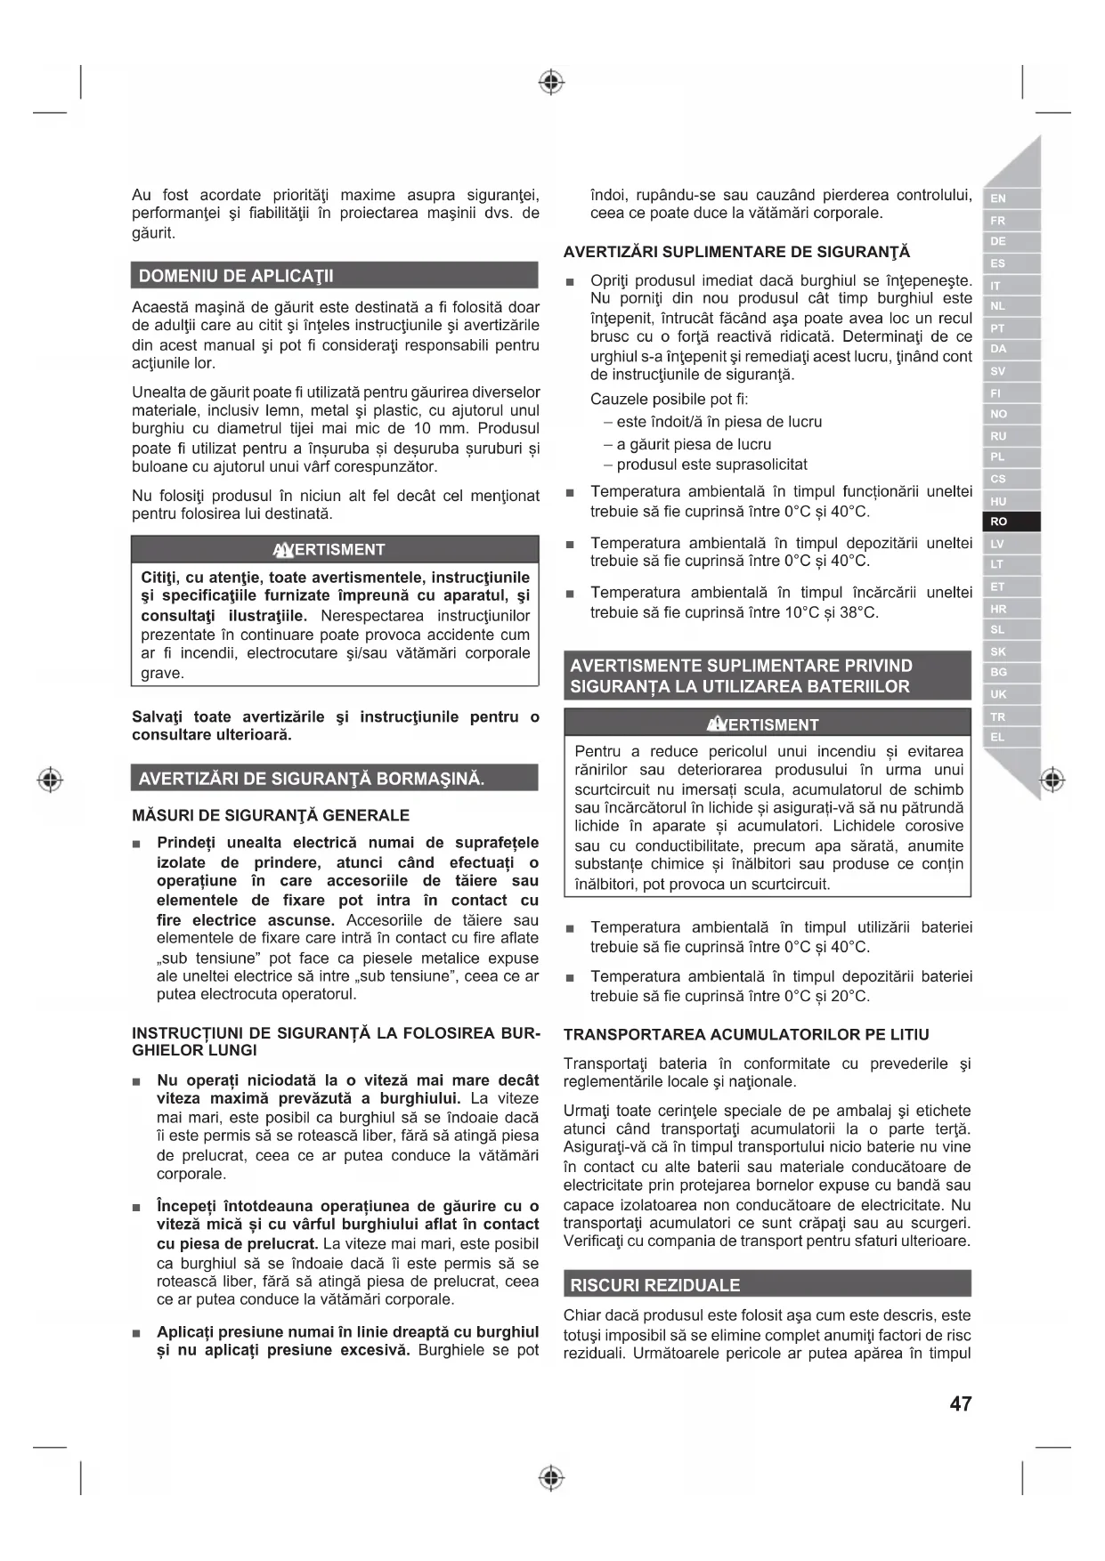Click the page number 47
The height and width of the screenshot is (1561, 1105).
click(960, 1403)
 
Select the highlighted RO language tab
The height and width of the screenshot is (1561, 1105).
click(999, 522)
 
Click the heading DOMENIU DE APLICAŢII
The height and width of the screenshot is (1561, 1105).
click(236, 276)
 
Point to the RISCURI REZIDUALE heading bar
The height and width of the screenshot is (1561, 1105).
click(655, 1284)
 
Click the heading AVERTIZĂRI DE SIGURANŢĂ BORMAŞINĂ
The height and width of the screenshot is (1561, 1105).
click(312, 779)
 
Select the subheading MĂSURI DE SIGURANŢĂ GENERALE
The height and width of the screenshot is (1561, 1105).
click(271, 815)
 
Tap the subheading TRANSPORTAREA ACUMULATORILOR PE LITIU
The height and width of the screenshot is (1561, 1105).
click(746, 1034)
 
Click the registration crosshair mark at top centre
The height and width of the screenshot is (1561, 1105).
click(552, 83)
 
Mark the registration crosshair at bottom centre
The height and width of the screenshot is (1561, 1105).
click(552, 1478)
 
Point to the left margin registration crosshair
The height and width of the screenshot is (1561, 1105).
click(51, 780)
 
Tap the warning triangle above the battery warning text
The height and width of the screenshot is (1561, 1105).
click(717, 724)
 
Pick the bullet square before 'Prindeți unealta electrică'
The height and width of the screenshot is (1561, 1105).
click(137, 844)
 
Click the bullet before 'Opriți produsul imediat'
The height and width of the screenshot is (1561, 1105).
click(571, 282)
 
